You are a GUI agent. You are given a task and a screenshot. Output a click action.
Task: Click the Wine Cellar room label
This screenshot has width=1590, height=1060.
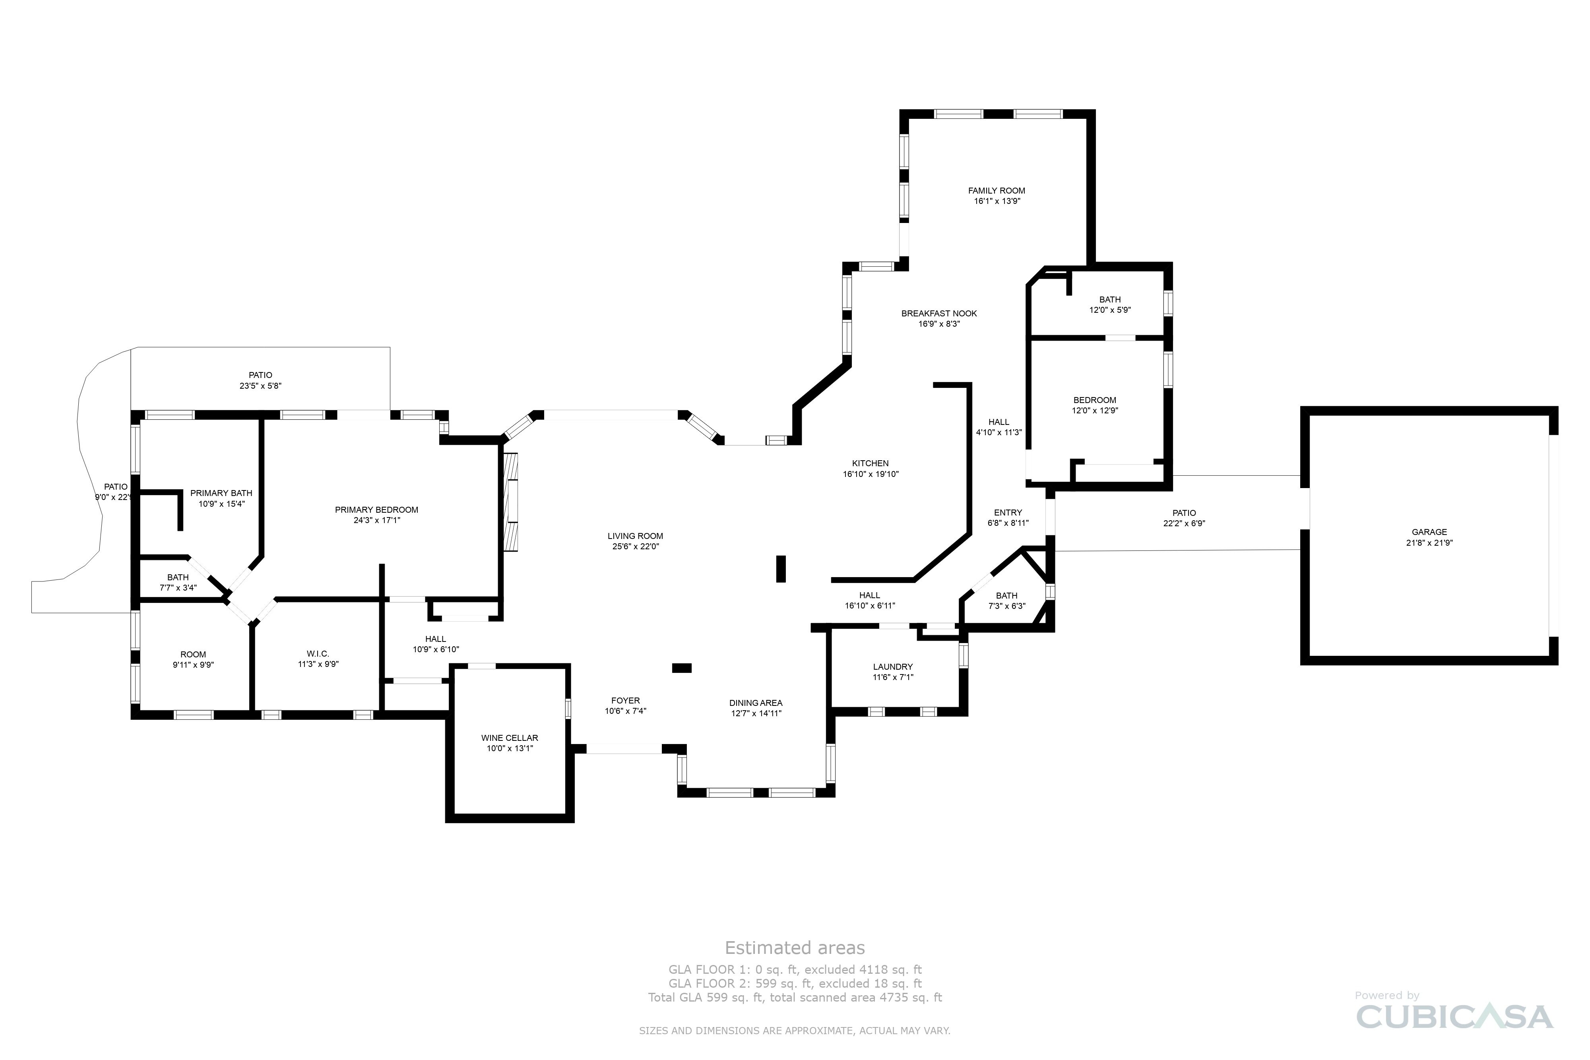[510, 738]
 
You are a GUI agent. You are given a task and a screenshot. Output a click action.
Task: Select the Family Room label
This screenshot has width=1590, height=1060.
[997, 191]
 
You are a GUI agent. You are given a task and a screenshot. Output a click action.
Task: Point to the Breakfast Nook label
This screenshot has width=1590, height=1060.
[939, 313]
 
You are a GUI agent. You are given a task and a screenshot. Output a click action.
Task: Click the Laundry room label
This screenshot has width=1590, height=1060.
[892, 667]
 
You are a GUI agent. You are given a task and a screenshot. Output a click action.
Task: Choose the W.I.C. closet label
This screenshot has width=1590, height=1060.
[318, 654]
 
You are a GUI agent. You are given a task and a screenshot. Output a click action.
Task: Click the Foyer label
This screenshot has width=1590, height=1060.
[625, 700]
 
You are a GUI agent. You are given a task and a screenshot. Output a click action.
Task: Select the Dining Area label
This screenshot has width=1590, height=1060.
[756, 702]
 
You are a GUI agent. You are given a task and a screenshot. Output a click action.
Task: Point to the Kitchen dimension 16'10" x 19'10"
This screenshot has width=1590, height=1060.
[870, 474]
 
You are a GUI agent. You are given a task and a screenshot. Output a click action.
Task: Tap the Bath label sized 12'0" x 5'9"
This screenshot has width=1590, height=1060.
[1109, 299]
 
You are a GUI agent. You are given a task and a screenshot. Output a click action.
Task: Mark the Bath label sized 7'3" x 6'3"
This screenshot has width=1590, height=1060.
[1006, 595]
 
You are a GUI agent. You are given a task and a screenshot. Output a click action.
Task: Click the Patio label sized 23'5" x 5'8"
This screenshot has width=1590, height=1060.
[260, 375]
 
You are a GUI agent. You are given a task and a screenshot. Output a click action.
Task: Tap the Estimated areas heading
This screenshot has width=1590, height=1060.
[794, 948]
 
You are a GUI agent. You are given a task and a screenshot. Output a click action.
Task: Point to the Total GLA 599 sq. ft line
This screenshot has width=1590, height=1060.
[794, 997]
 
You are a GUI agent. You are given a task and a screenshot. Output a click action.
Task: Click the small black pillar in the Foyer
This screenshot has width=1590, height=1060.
[681, 668]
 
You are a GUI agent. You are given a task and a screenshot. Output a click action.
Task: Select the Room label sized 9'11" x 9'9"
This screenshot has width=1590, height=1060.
[193, 654]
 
